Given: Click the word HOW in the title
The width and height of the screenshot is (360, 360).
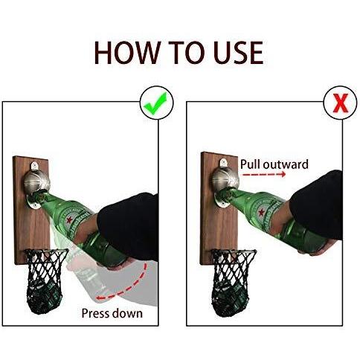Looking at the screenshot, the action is pyautogui.click(x=127, y=53).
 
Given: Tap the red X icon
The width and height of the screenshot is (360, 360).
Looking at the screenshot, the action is pyautogui.click(x=340, y=103).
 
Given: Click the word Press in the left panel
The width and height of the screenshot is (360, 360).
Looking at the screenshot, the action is pyautogui.click(x=95, y=313).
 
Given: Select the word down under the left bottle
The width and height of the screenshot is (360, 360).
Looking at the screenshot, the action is pyautogui.click(x=127, y=313).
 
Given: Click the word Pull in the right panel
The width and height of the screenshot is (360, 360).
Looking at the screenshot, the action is pyautogui.click(x=250, y=164).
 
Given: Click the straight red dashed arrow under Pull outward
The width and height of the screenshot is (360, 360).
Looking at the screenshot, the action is pyautogui.click(x=264, y=175).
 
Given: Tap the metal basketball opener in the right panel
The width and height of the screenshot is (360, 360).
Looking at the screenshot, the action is pyautogui.click(x=225, y=179).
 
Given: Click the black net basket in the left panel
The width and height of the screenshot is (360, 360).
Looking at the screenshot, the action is pyautogui.click(x=46, y=281).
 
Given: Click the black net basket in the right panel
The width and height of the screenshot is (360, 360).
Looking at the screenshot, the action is pyautogui.click(x=233, y=281).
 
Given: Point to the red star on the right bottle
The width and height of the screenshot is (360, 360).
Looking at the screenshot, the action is pyautogui.click(x=261, y=212).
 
